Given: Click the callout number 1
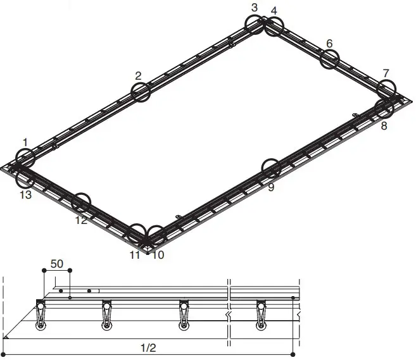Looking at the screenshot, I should pyautogui.click(x=25, y=143).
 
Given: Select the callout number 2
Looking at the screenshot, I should pyautogui.click(x=137, y=76).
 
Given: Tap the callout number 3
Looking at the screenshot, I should pyautogui.click(x=255, y=8).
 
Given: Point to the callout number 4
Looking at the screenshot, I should pyautogui.click(x=274, y=11).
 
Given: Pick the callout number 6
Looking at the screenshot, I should pyautogui.click(x=329, y=43).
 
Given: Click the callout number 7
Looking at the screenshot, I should pyautogui.click(x=386, y=73).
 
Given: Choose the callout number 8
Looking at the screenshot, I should pyautogui.click(x=384, y=125).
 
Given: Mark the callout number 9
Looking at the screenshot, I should pyautogui.click(x=271, y=187).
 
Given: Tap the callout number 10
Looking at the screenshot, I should pyautogui.click(x=158, y=255).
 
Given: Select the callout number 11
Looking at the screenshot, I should pyautogui.click(x=134, y=255).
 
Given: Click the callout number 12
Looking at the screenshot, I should pyautogui.click(x=80, y=220).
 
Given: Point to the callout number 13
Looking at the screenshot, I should pyautogui.click(x=25, y=195).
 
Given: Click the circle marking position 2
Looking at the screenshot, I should pyautogui.click(x=141, y=92).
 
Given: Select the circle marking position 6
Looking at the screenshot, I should pyautogui.click(x=330, y=59).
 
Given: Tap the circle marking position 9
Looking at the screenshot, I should pyautogui.click(x=272, y=169).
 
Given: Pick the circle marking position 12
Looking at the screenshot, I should pyautogui.click(x=81, y=202).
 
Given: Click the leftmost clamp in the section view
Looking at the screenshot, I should pyautogui.click(x=41, y=316).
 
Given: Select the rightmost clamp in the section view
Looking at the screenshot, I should pyautogui.click(x=260, y=316).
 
